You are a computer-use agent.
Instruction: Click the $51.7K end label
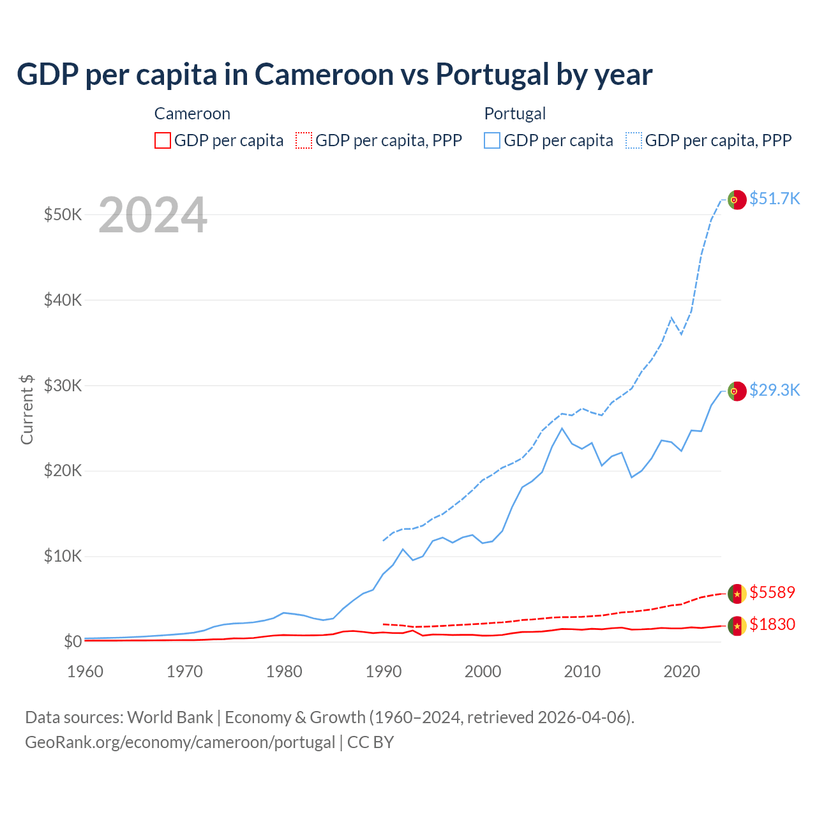pos(774,199)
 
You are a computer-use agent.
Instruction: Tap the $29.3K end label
pos(774,390)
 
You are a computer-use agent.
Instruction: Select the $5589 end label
pos(772,592)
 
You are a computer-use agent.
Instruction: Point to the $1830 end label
pos(772,624)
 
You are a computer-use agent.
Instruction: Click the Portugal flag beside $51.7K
pos(737,200)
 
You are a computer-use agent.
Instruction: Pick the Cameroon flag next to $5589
pos(737,594)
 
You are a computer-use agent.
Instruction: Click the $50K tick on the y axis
pos(63,214)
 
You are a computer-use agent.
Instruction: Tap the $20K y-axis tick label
pos(63,471)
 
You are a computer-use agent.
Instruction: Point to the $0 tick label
pos(73,641)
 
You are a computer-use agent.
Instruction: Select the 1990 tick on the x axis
pos(384,671)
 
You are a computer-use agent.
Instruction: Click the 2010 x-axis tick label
pos(582,671)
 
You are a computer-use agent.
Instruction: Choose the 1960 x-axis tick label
pos(86,671)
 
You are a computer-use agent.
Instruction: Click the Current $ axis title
pos(27,409)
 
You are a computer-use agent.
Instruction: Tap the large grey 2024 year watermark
pos(153,215)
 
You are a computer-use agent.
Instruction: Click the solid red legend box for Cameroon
pos(163,140)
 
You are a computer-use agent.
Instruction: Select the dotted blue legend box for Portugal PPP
pos(634,140)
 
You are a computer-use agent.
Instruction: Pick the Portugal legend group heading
pos(515,114)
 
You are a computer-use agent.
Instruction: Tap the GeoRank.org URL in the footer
pos(180,742)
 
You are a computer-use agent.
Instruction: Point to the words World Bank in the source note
pos(170,717)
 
